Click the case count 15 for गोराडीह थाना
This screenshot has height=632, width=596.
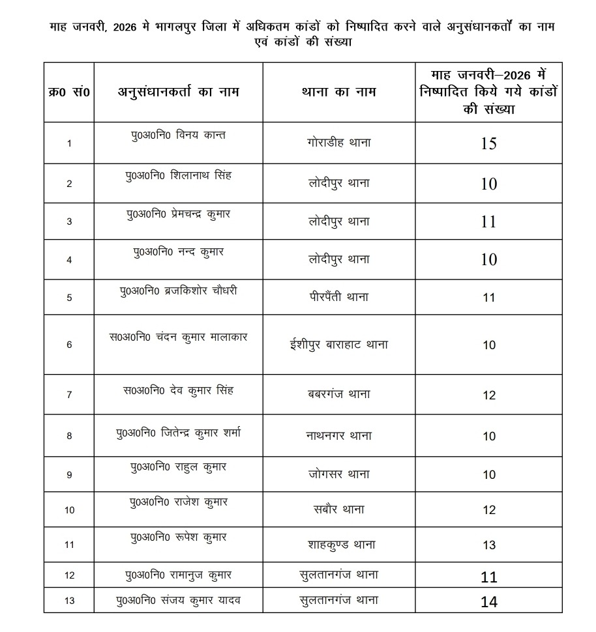[488, 143]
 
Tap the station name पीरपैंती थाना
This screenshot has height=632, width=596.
[338, 297]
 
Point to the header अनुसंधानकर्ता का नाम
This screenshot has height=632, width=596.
[178, 92]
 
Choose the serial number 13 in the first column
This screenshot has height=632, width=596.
[70, 600]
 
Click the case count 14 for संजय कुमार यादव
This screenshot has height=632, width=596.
[488, 602]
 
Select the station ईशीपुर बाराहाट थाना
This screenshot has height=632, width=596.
[338, 345]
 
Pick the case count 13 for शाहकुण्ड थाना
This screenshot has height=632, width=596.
[488, 545]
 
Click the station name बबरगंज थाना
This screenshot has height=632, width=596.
[338, 394]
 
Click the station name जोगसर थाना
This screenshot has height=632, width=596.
[338, 474]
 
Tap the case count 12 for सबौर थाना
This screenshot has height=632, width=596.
[488, 510]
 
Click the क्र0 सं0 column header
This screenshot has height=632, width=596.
[70, 92]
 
